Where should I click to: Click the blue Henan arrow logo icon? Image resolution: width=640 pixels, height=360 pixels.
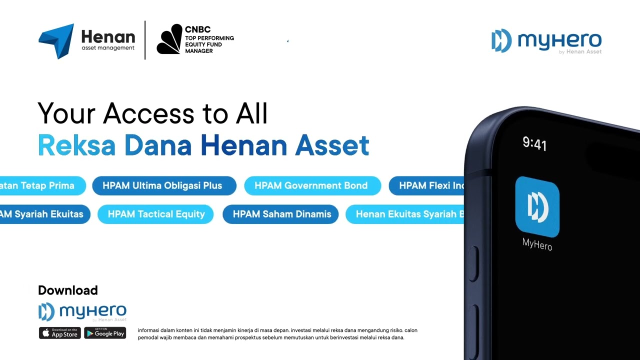(56, 40)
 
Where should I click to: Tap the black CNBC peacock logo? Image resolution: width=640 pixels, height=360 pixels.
(169, 39)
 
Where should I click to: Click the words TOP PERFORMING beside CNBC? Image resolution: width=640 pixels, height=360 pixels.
(209, 38)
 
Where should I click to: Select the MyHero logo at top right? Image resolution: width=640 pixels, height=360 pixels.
(546, 41)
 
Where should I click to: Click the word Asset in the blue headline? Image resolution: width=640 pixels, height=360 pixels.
(332, 145)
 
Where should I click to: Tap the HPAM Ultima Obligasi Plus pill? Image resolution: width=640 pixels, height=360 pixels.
(162, 185)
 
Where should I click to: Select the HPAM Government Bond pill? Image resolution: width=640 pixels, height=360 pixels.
(311, 185)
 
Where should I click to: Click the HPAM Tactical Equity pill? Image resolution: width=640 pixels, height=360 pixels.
(156, 214)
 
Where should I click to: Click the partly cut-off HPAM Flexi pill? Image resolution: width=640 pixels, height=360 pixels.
(427, 185)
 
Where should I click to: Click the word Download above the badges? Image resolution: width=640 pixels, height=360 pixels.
(68, 290)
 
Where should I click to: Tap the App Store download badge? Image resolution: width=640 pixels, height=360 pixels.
(59, 333)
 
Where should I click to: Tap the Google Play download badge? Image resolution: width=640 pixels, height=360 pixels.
(105, 333)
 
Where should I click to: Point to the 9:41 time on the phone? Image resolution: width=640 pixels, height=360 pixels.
(534, 144)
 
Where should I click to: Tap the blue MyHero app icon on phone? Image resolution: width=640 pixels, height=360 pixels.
(537, 206)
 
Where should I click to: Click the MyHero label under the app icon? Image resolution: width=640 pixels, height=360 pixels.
(537, 244)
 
